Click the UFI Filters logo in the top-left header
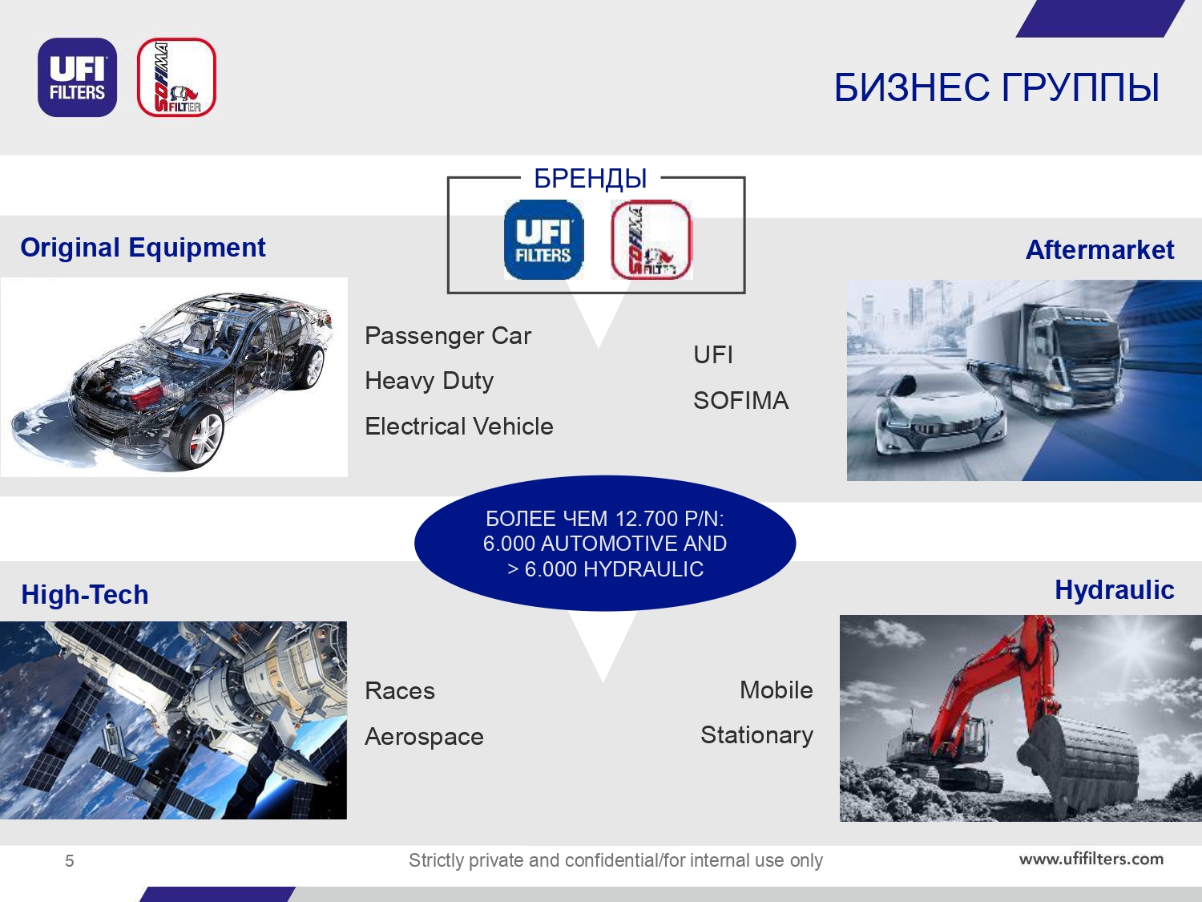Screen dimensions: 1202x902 [x=77, y=77]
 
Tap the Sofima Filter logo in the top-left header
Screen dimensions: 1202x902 [x=176, y=77]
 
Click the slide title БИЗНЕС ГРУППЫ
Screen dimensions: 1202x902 [x=997, y=87]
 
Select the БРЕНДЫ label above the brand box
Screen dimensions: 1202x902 [x=591, y=179]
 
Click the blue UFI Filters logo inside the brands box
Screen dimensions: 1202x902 [x=544, y=240]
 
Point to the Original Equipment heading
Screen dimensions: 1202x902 [x=143, y=248]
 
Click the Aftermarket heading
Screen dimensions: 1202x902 [x=1099, y=249]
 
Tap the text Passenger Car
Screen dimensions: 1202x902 [x=448, y=336]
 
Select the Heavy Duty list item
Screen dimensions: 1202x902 [x=430, y=381]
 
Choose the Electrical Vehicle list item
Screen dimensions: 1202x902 [x=459, y=426]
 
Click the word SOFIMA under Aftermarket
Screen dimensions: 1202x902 [x=741, y=400]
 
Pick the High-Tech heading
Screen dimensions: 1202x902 [x=85, y=594]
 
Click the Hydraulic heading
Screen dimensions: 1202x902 [x=1115, y=590]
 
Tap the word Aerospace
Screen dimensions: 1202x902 [x=425, y=737]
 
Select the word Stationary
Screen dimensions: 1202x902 [x=756, y=735]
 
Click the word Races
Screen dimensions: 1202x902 [x=400, y=690]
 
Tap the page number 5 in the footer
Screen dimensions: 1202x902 [x=70, y=861]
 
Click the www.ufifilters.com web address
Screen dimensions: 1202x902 [x=1091, y=859]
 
